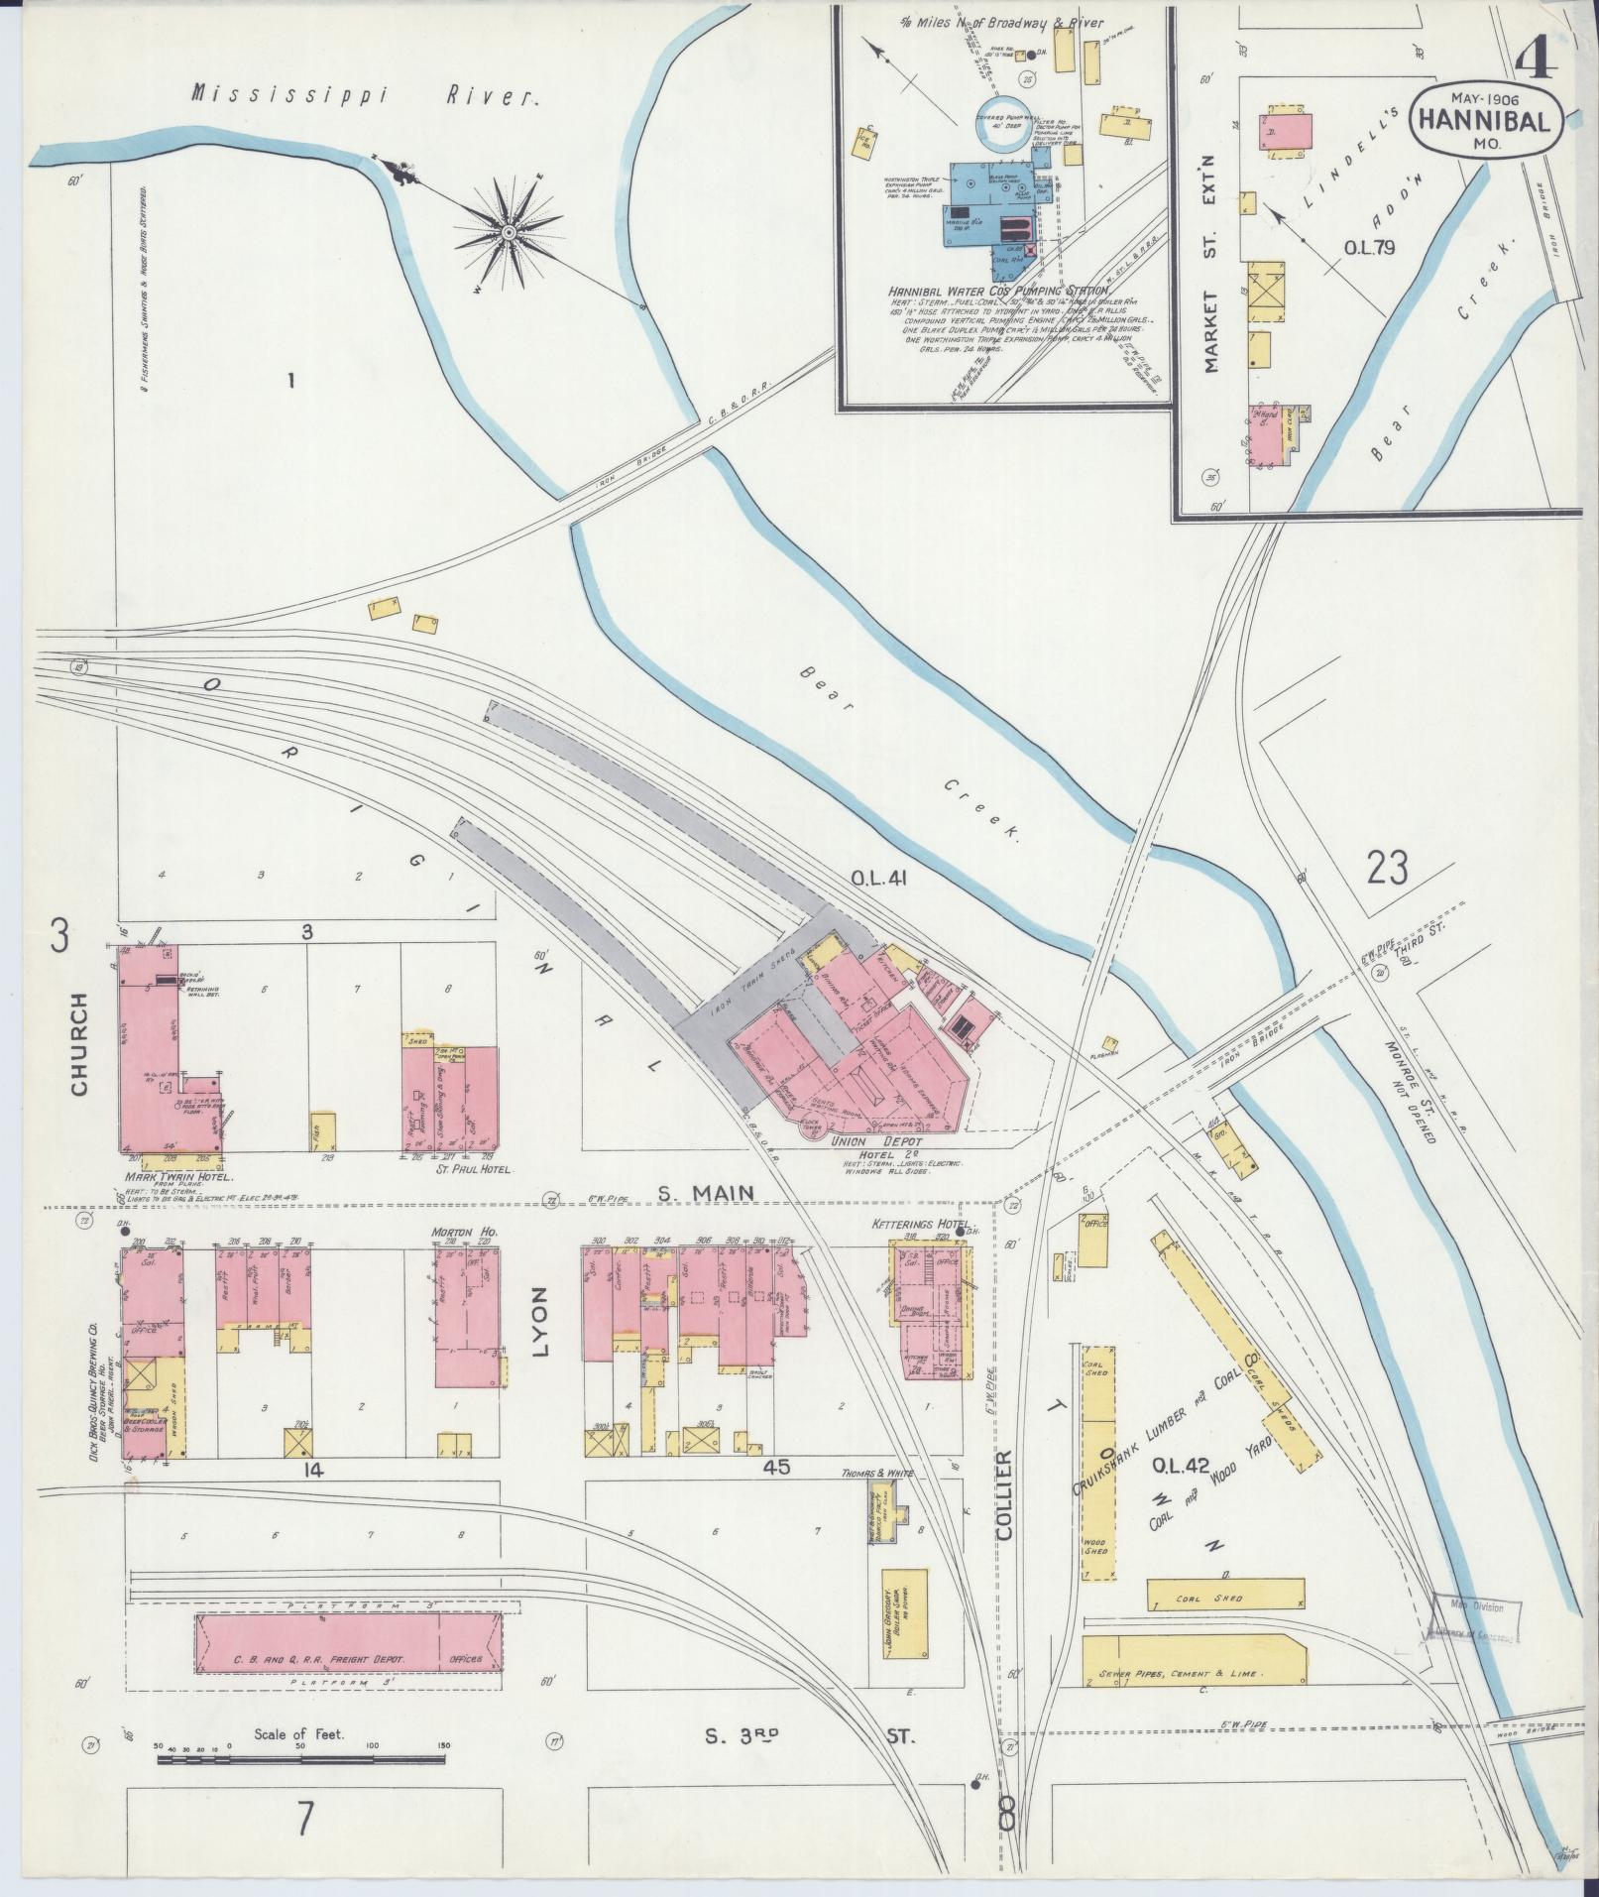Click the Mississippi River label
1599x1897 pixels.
pyautogui.click(x=366, y=95)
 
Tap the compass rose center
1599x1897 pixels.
pyautogui.click(x=508, y=232)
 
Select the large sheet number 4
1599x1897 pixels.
pyautogui.click(x=1537, y=40)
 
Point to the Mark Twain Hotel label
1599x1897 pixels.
pyautogui.click(x=178, y=1177)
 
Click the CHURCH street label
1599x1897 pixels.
pyautogui.click(x=79, y=1044)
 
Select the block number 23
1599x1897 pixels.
pyautogui.click(x=1387, y=871)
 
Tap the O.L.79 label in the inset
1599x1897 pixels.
pyautogui.click(x=1369, y=248)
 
